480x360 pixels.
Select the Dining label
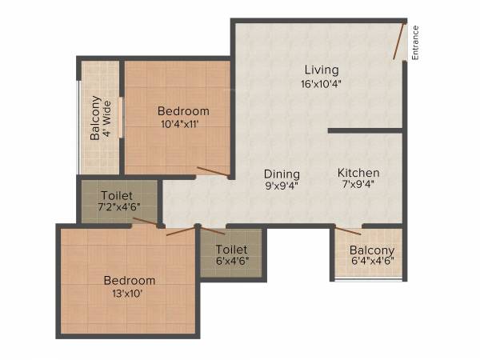pos(282,174)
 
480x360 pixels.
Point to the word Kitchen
pos(358,173)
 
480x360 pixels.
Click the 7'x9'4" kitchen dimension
pos(358,186)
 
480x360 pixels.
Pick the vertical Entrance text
pos(416,43)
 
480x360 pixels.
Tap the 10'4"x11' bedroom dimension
pos(183,124)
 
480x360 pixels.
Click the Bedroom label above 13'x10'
pos(130,280)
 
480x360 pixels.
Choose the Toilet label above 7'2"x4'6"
pos(118,195)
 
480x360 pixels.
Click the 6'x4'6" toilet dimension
pos(231,262)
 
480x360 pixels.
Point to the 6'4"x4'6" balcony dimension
pos(372,262)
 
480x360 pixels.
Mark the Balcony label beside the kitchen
pos(372,249)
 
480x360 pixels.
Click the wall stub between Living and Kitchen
pos(364,130)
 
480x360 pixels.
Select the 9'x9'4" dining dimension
pos(282,186)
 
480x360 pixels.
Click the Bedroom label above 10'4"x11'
pos(183,111)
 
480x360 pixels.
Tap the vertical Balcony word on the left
pos(95,118)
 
